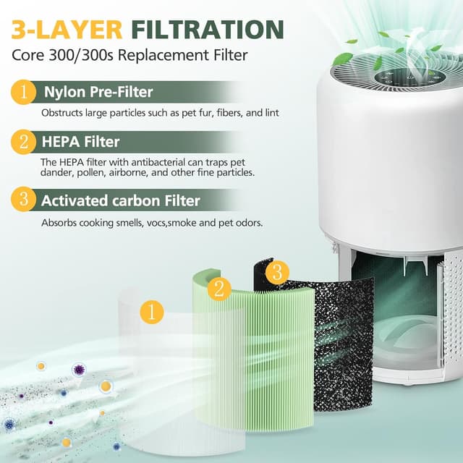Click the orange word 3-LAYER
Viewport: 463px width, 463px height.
pos(67,29)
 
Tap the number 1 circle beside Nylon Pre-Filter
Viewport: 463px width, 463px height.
pos(23,93)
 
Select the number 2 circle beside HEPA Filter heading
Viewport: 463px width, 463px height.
pos(23,142)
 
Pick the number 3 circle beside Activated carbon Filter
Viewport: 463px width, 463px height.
pos(23,200)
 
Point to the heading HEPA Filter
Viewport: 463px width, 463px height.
pos(80,142)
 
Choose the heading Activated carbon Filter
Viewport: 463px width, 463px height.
pos(120,200)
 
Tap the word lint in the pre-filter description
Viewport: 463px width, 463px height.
pos(270,114)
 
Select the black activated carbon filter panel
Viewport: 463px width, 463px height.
pos(340,347)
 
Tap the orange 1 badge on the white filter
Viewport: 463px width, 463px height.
pos(152,313)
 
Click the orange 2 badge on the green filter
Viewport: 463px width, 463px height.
pos(219,289)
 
